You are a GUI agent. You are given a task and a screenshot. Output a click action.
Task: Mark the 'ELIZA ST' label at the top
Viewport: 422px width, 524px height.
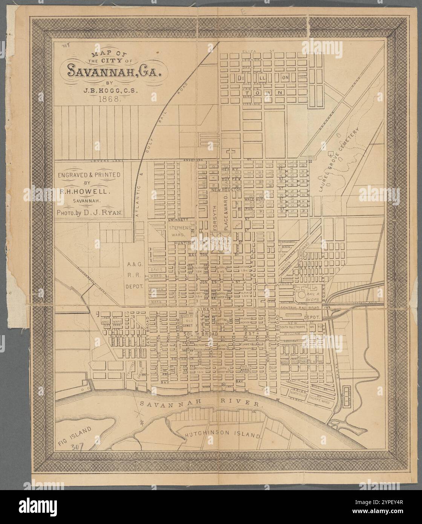pos(258,50)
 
